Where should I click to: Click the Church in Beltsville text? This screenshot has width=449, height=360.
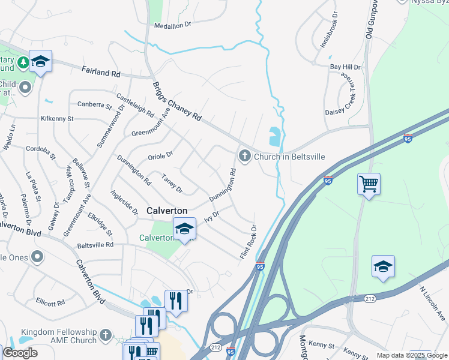(x=289, y=157)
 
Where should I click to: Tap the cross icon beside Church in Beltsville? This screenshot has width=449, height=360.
(x=244, y=157)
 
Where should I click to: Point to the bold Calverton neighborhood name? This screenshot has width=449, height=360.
(x=167, y=211)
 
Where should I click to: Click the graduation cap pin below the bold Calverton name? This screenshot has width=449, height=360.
(x=184, y=229)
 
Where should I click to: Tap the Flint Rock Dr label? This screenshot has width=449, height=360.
(x=249, y=242)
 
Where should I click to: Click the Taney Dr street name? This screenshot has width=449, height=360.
(x=172, y=184)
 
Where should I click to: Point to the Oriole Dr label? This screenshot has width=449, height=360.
(x=160, y=155)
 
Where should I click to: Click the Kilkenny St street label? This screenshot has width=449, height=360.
(x=57, y=119)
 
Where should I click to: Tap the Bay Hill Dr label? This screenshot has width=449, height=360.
(x=345, y=67)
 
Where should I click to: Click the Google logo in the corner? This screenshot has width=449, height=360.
(x=20, y=353)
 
